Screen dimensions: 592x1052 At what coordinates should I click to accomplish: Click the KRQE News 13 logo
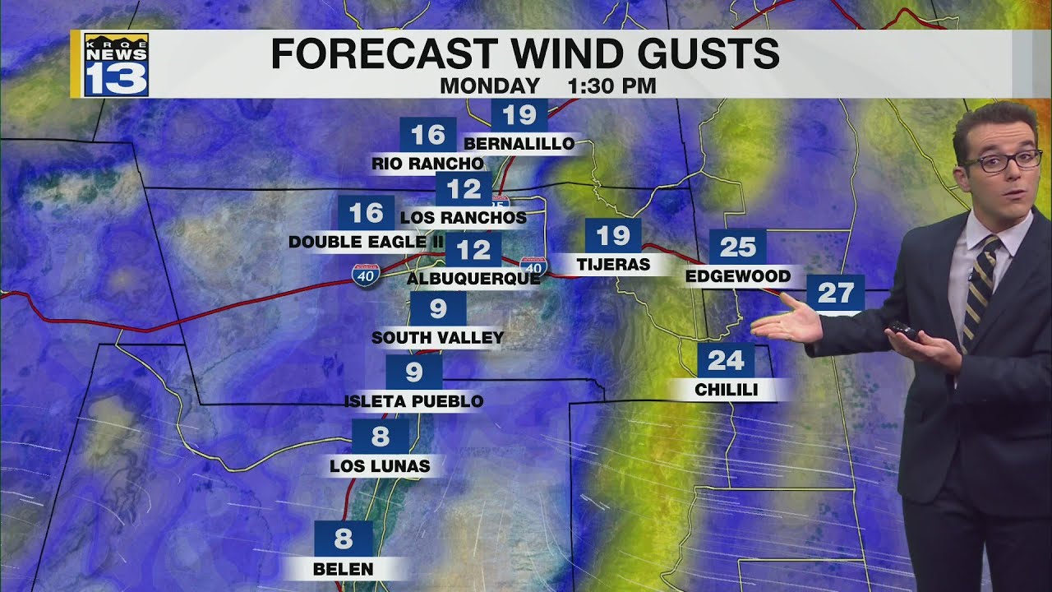(116, 65)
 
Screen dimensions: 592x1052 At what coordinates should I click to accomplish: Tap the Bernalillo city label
(519, 144)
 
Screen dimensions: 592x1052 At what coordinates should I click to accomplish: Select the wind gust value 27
(835, 293)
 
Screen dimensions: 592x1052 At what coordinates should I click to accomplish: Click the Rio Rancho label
(427, 164)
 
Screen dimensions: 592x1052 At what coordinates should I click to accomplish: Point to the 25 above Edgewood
(737, 246)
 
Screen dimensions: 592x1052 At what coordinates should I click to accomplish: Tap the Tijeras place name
(613, 265)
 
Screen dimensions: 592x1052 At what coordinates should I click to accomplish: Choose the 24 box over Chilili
(726, 360)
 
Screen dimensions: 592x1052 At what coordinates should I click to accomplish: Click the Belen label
(343, 568)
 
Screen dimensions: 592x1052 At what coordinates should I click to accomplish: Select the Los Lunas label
(380, 466)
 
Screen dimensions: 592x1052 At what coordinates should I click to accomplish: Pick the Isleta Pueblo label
(413, 401)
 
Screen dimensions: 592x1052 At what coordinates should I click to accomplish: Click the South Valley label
(437, 337)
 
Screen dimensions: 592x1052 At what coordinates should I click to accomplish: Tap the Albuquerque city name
(473, 279)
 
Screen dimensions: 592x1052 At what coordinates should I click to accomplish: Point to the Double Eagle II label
(366, 242)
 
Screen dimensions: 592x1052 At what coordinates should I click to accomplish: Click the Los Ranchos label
(463, 218)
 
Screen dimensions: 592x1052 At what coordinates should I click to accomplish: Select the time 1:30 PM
(611, 86)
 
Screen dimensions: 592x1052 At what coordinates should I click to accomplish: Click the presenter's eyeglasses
(1001, 160)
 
